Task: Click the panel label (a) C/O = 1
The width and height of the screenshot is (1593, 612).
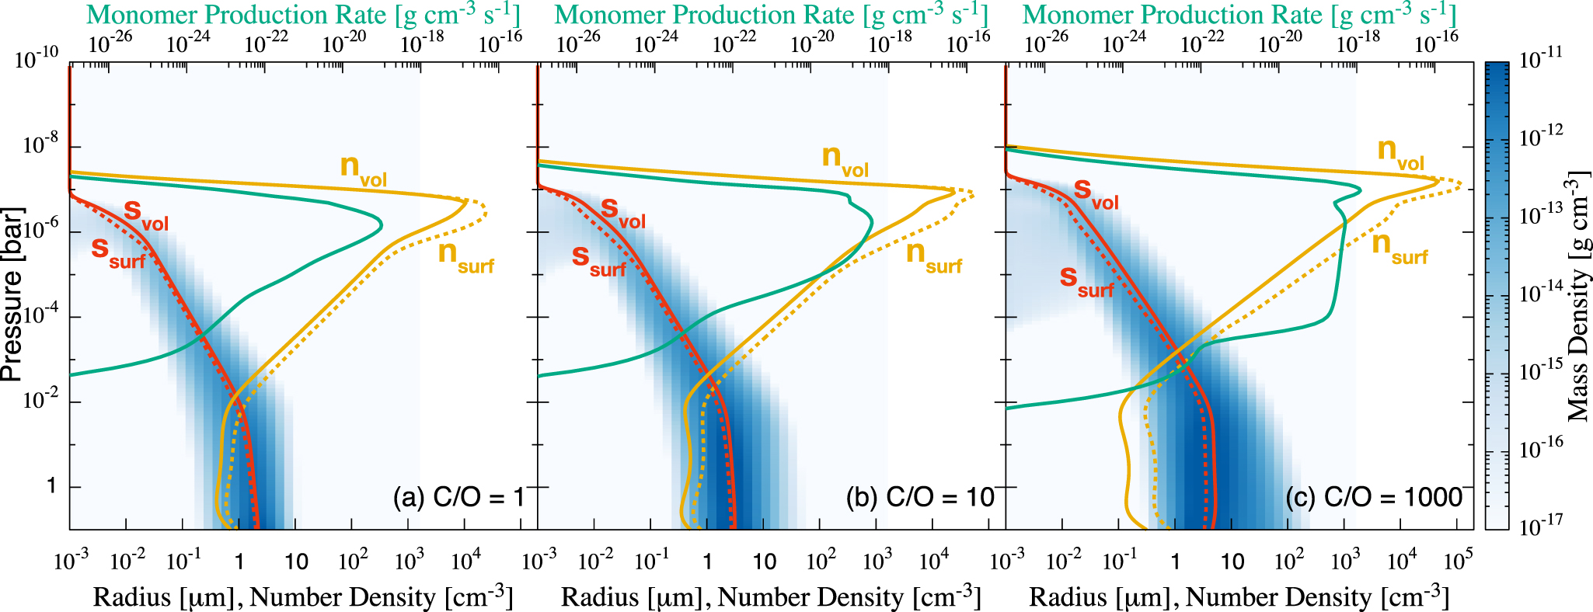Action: click(x=458, y=497)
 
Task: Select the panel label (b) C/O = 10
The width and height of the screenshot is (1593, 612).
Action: click(x=920, y=497)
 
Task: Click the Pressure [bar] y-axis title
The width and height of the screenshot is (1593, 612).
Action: click(x=12, y=294)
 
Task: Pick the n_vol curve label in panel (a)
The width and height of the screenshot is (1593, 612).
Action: click(x=363, y=170)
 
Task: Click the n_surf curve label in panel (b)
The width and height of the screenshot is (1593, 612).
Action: click(x=933, y=256)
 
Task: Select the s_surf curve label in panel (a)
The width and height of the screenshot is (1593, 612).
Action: click(x=118, y=252)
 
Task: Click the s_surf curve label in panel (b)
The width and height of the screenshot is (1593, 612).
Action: click(x=598, y=259)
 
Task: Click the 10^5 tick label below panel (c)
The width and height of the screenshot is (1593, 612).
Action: click(x=1458, y=559)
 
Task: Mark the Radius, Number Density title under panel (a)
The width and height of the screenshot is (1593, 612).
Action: click(x=303, y=596)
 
